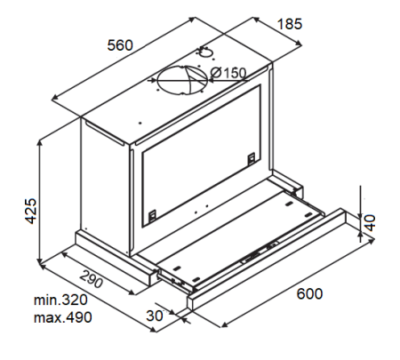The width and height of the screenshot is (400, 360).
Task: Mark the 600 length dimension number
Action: click(x=309, y=294)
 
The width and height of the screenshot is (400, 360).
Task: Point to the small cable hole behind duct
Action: click(x=204, y=52)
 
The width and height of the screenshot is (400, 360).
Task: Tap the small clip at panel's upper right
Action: click(x=251, y=157)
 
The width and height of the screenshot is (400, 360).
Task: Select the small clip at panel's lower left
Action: click(x=153, y=213)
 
